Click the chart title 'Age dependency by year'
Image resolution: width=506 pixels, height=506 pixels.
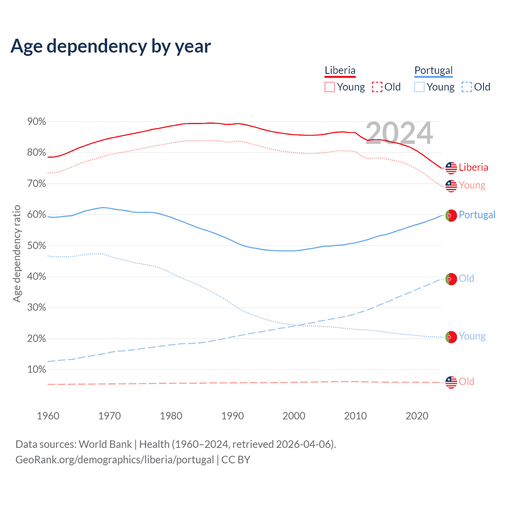coord(111,46)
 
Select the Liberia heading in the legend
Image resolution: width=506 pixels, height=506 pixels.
coord(340,70)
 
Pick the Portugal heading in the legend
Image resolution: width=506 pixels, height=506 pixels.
coord(433,70)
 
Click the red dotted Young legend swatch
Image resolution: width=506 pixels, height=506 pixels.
coord(329,87)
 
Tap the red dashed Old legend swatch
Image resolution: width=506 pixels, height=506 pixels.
coord(377,87)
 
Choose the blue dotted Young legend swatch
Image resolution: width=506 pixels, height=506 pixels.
coord(419,87)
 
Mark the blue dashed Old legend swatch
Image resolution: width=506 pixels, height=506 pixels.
coord(466,87)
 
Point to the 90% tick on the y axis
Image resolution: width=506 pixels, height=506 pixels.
coord(37,122)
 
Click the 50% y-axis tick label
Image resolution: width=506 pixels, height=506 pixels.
coord(37,245)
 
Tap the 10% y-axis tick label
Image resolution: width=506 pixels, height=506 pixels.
coord(37,370)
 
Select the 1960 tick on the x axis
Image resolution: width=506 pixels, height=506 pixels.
coord(48,416)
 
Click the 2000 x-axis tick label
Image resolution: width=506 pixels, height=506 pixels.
coord(294,416)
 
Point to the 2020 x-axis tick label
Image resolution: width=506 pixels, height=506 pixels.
coord(417,416)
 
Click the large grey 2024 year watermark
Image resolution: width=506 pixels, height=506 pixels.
coord(399,133)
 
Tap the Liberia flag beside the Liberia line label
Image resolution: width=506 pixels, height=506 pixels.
coord(451,168)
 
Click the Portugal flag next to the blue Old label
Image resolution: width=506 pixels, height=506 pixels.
coord(451,279)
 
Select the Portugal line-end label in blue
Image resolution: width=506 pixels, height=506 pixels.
coord(477,215)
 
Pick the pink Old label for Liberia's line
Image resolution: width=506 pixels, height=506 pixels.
coord(466,381)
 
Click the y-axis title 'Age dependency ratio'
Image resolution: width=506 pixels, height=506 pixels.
coord(17,253)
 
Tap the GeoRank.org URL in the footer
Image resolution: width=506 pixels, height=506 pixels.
coord(115,460)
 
